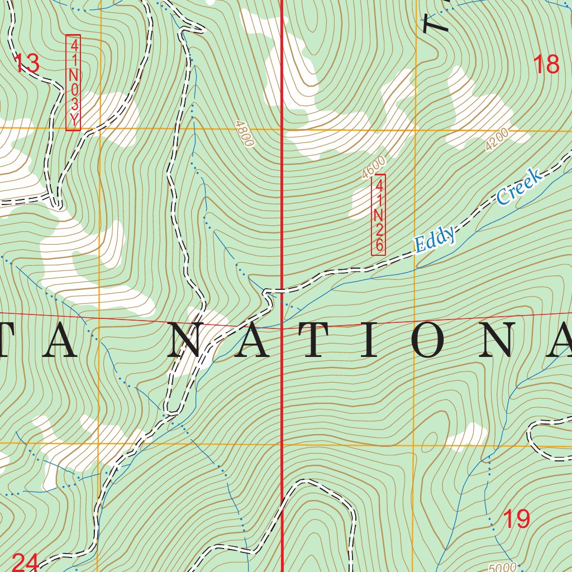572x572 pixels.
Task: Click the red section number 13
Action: (x=27, y=64)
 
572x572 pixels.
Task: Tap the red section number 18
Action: (x=546, y=65)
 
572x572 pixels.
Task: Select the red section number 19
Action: (x=517, y=519)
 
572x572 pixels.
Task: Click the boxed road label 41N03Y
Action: (x=73, y=83)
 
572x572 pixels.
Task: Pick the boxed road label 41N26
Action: (x=379, y=214)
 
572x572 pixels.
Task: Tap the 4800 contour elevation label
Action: (x=245, y=133)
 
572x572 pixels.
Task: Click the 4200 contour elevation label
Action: (x=497, y=139)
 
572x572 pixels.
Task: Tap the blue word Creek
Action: (x=519, y=187)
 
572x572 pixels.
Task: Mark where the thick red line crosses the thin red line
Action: (x=281, y=328)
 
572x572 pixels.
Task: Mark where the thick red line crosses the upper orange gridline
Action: (x=281, y=130)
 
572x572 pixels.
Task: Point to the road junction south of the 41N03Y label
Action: (x=56, y=201)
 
